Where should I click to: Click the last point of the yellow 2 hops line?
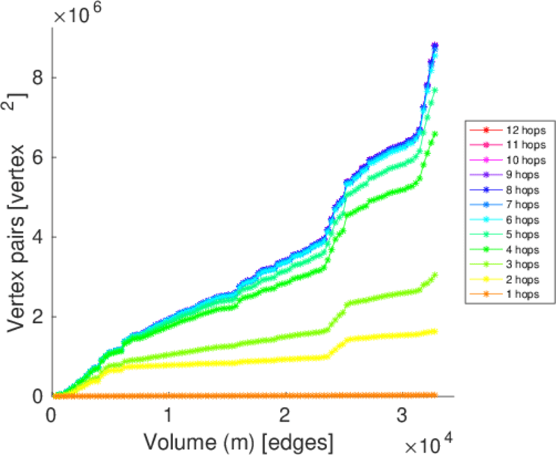435,331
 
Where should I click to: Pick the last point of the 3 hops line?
435,275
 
